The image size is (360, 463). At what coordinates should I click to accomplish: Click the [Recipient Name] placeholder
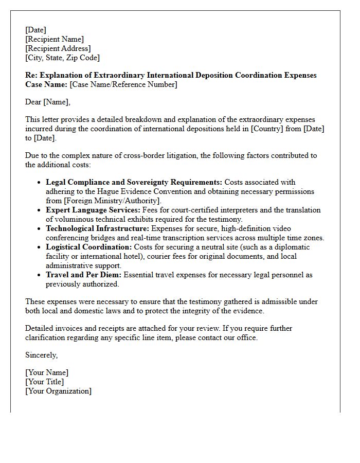55,39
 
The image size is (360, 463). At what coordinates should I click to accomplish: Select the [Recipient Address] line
58,48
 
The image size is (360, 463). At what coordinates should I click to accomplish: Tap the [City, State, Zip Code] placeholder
62,58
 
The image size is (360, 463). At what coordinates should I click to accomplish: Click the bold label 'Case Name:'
46,84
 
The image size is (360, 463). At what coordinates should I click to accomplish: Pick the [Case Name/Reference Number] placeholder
123,84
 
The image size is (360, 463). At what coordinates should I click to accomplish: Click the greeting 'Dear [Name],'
48,102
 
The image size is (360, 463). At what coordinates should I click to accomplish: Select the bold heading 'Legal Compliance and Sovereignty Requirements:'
134,182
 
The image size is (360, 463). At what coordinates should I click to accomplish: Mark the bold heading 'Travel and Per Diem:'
83,275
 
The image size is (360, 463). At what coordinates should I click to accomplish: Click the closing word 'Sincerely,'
42,355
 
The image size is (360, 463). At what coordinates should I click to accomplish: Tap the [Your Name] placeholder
47,372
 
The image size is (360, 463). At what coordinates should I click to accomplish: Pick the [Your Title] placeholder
45,382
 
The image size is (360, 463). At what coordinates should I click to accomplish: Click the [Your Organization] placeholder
59,391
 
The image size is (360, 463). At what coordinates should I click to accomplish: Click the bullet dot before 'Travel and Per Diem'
40,275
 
